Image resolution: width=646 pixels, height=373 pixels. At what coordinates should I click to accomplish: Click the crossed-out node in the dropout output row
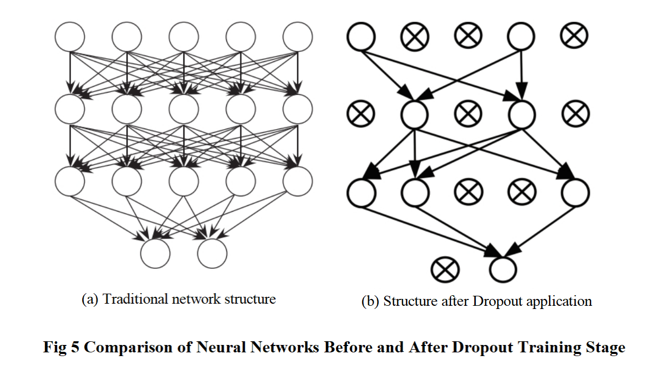coord(445,270)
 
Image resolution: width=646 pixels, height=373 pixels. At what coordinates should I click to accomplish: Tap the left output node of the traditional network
coord(155,253)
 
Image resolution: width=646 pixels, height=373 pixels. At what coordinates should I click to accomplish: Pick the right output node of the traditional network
coord(212,253)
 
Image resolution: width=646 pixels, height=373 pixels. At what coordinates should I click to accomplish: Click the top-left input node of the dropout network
coord(361,37)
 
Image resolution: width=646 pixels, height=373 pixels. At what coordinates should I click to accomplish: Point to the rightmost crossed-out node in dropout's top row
coord(574,35)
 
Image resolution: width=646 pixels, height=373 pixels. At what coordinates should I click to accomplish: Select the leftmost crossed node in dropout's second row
coord(361,114)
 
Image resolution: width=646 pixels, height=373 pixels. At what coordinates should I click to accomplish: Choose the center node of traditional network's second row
coord(183,109)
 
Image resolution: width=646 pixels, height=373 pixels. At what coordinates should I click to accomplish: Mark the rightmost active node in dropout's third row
coord(574,192)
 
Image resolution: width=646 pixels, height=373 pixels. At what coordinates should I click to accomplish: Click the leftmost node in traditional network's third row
coord(70,181)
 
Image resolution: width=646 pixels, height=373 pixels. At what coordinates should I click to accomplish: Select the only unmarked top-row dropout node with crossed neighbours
coord(521,37)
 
